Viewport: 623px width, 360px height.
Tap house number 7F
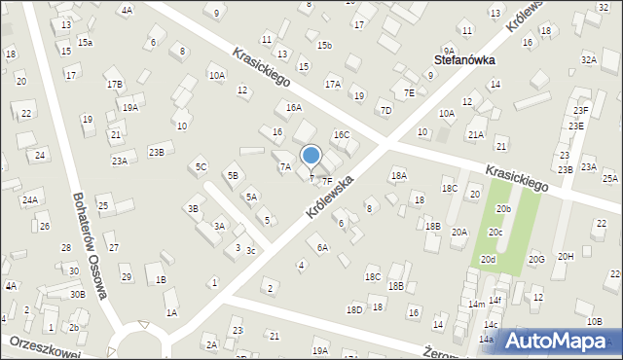point(328,181)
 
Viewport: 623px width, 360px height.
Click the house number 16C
point(341,135)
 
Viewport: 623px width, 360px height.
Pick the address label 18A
point(397,175)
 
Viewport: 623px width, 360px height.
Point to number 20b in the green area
point(503,208)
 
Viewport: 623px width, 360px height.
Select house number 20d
point(488,260)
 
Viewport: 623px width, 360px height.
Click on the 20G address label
point(536,259)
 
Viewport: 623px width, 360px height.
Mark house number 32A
point(589,59)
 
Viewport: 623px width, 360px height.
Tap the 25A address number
point(610,178)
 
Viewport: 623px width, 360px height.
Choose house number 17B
point(115,84)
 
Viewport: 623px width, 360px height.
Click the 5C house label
point(201,167)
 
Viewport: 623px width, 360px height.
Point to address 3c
point(250,251)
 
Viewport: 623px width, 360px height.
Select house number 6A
point(323,247)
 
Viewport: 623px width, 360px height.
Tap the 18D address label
point(354,309)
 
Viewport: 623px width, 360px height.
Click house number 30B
point(77,294)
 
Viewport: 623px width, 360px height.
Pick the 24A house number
point(30,199)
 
